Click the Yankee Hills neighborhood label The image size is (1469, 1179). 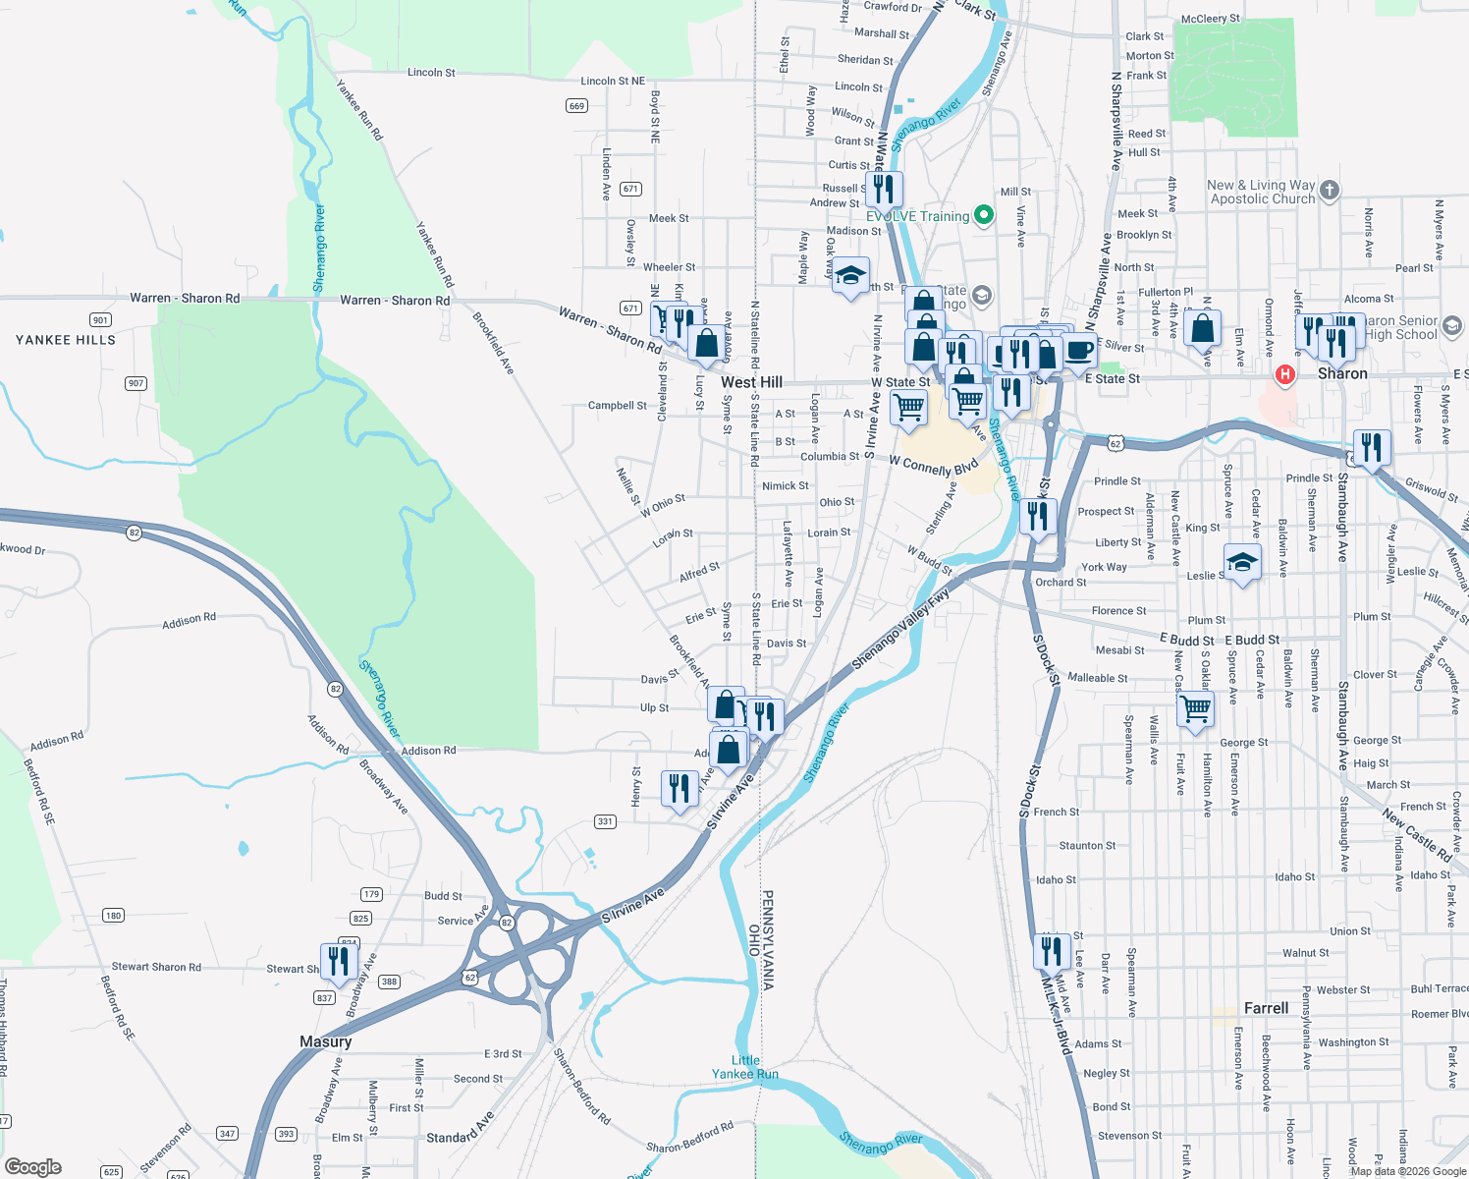pyautogui.click(x=66, y=340)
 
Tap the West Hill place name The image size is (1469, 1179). pyautogui.click(x=751, y=382)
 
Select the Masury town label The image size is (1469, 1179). pyautogui.click(x=325, y=1041)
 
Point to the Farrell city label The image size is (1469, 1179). pyautogui.click(x=1266, y=1008)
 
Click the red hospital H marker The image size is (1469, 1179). pyautogui.click(x=1284, y=374)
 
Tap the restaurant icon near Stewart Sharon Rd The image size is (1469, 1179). pyautogui.click(x=339, y=960)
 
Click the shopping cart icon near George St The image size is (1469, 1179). pyautogui.click(x=1195, y=707)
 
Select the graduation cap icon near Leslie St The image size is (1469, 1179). pyautogui.click(x=1242, y=562)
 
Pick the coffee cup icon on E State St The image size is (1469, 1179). pyautogui.click(x=1078, y=350)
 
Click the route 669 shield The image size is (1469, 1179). pyautogui.click(x=576, y=106)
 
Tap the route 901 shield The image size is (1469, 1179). pyautogui.click(x=100, y=320)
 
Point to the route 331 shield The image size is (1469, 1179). pyautogui.click(x=605, y=821)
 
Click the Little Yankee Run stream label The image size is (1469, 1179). pyautogui.click(x=745, y=1067)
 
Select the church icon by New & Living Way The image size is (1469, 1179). pyautogui.click(x=1330, y=191)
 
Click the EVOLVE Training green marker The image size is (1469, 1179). pyautogui.click(x=983, y=215)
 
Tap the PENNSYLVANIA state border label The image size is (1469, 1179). pyautogui.click(x=768, y=939)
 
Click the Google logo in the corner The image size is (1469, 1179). pyautogui.click(x=32, y=1167)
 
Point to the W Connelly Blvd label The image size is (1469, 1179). pyautogui.click(x=934, y=465)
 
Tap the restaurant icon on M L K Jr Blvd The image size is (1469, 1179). pyautogui.click(x=1051, y=951)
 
